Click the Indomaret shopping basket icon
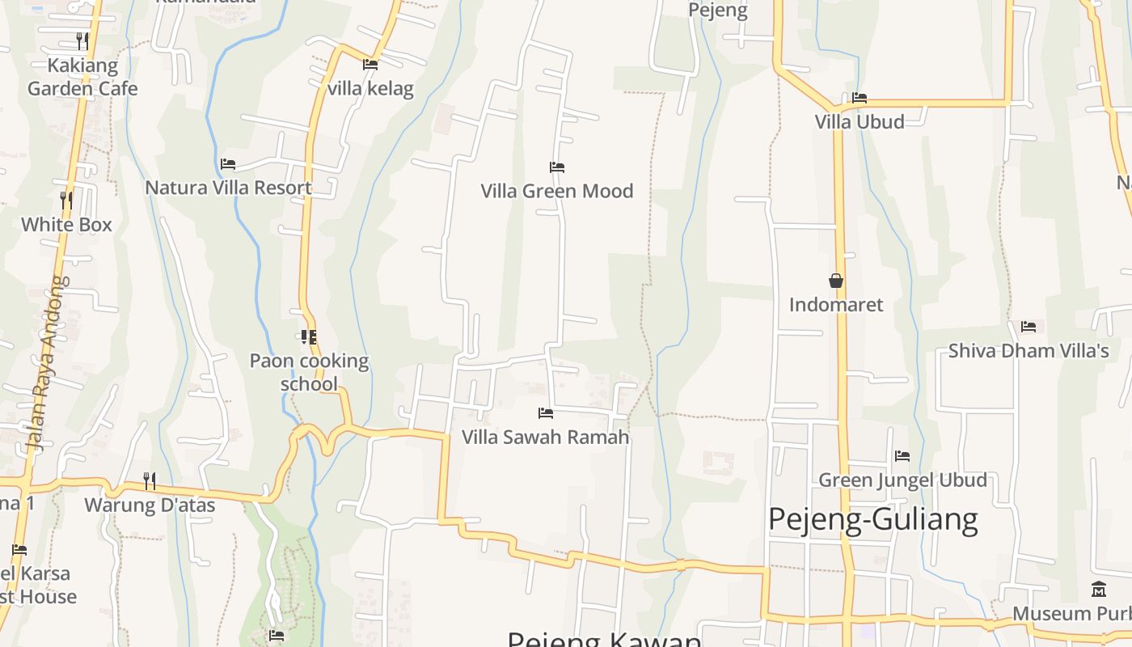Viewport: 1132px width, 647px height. pos(836,281)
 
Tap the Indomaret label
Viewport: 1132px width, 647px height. pos(836,305)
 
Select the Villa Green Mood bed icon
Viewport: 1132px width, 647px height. pos(556,167)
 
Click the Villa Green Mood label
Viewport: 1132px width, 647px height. pos(556,191)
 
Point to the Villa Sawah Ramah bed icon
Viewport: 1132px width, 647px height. pos(546,413)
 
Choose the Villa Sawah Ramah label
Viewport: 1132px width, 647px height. pos(545,438)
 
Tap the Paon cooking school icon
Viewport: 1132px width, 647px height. pos(308,336)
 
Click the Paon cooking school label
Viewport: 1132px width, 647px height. pos(309,372)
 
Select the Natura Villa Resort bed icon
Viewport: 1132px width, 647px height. pos(228,164)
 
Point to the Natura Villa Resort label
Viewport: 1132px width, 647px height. pos(228,188)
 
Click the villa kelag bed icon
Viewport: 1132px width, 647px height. pos(370,65)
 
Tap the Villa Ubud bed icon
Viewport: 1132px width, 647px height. pos(860,98)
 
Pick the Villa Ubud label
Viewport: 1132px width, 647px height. pos(860,122)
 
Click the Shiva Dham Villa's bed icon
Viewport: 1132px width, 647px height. pos(1029,327)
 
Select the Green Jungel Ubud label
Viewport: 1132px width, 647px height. pos(902,480)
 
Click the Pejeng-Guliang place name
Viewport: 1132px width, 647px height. pos(872,519)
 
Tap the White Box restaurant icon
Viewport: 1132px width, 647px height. pos(66,199)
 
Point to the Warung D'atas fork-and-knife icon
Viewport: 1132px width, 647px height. pos(150,481)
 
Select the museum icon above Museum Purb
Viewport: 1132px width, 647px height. pos(1098,589)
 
